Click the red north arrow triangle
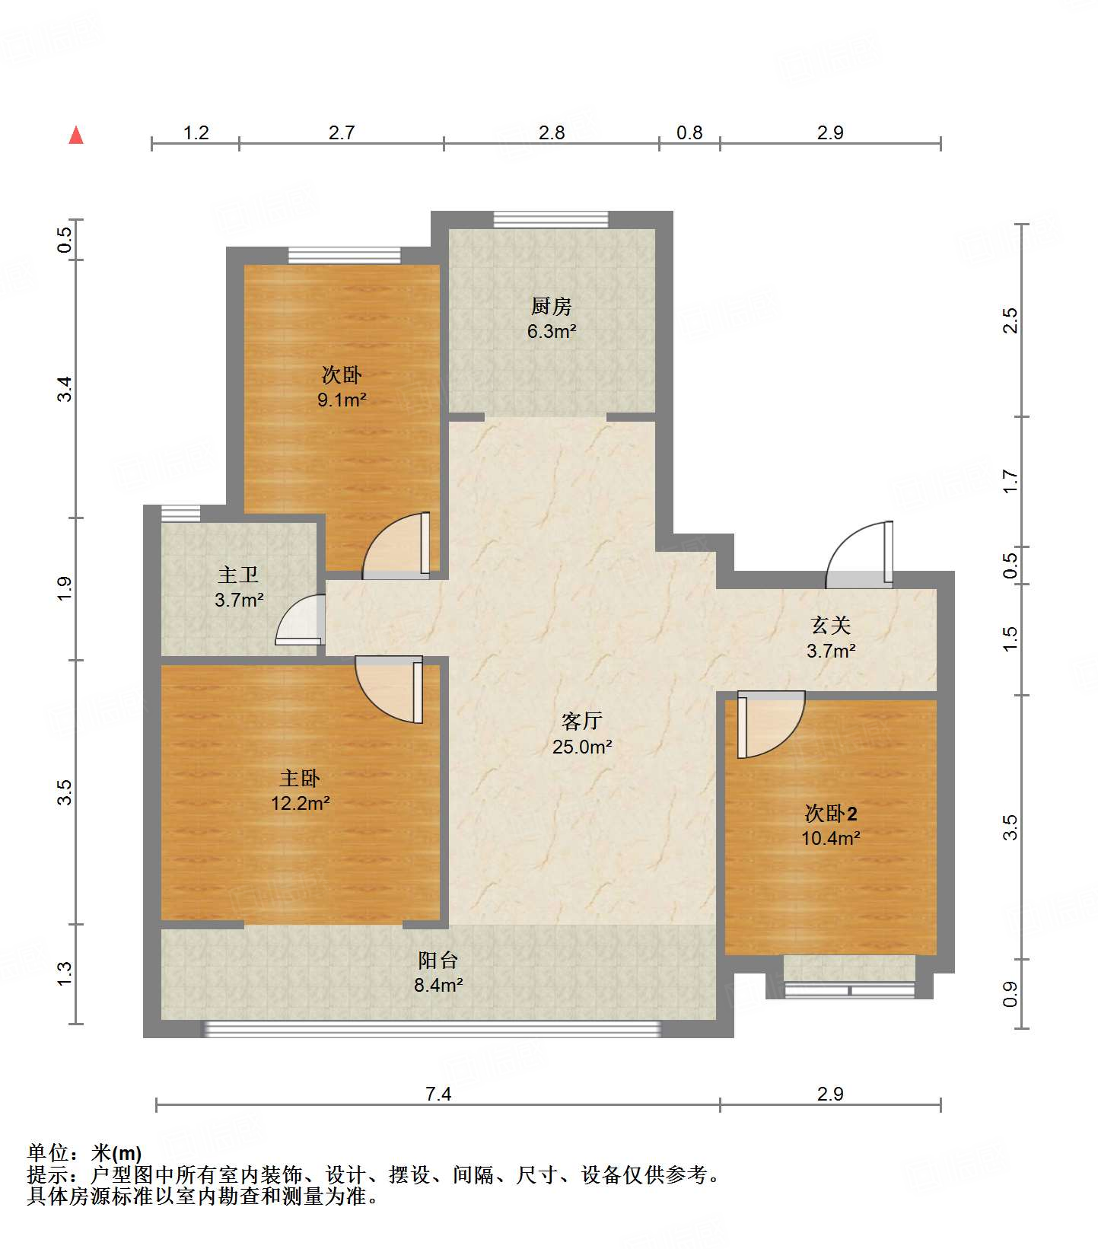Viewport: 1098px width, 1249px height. coord(76,135)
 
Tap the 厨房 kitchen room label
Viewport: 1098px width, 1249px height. coord(551,307)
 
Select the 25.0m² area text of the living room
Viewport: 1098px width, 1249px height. coord(582,747)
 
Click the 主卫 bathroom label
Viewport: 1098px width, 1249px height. coord(238,575)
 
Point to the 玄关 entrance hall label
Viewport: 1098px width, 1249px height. coord(831,626)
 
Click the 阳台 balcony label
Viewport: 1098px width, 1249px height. coord(438,960)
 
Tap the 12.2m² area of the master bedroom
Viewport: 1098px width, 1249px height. coord(301,803)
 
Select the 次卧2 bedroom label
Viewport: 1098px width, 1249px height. coord(831,814)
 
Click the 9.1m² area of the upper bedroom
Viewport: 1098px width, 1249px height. coord(342,400)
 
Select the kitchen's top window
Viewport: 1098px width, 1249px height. coord(551,220)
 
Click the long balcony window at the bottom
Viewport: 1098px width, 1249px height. coord(431,1029)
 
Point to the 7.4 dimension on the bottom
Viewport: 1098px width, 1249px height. coord(438,1094)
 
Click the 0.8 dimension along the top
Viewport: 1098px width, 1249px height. coord(689,132)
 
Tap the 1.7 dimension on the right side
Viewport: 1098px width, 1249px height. coord(1010,481)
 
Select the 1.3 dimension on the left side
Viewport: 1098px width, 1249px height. coord(65,973)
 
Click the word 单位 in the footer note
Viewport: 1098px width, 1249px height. coord(49,1153)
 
